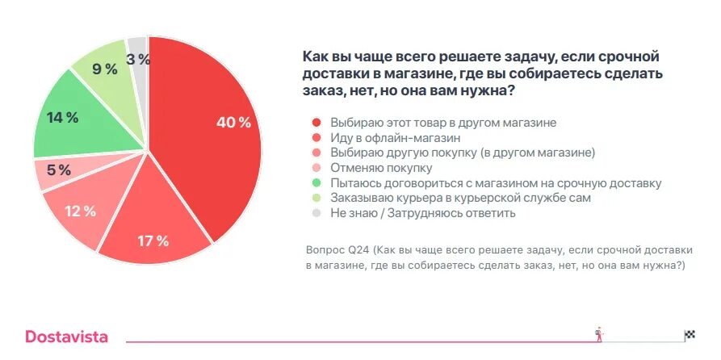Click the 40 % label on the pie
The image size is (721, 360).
pyautogui.click(x=234, y=123)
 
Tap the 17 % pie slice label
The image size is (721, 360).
pyautogui.click(x=153, y=241)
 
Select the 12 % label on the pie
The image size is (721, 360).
pyautogui.click(x=80, y=211)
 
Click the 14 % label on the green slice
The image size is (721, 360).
pyautogui.click(x=62, y=118)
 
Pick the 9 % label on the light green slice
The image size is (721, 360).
pyautogui.click(x=105, y=69)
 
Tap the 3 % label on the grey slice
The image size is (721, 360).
pyautogui.click(x=138, y=58)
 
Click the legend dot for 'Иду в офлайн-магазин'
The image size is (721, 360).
pyautogui.click(x=316, y=137)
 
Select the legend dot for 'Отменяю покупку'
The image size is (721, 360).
pyautogui.click(x=316, y=168)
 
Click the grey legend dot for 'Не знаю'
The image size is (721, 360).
pyautogui.click(x=316, y=214)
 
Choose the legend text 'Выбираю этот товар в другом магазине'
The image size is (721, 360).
pyautogui.click(x=443, y=122)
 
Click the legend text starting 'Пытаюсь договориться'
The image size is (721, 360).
pyautogui.click(x=496, y=183)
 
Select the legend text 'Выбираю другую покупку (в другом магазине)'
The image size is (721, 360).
pyautogui.click(x=463, y=153)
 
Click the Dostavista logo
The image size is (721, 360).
pyautogui.click(x=66, y=337)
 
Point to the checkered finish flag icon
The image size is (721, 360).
pyautogui.click(x=689, y=335)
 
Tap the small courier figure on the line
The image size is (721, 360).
pyautogui.click(x=598, y=333)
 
